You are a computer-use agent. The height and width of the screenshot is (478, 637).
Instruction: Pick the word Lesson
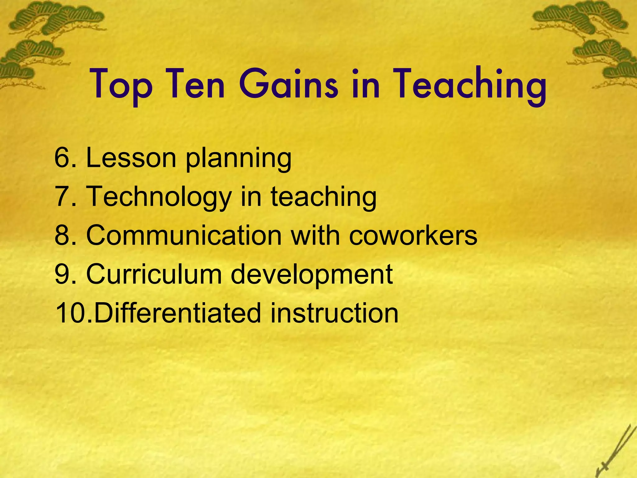click(x=131, y=158)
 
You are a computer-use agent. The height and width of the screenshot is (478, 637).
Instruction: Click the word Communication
click(x=184, y=235)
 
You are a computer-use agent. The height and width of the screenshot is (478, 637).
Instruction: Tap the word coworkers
click(x=413, y=235)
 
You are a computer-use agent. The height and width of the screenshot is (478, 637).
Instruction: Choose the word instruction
click(x=334, y=313)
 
